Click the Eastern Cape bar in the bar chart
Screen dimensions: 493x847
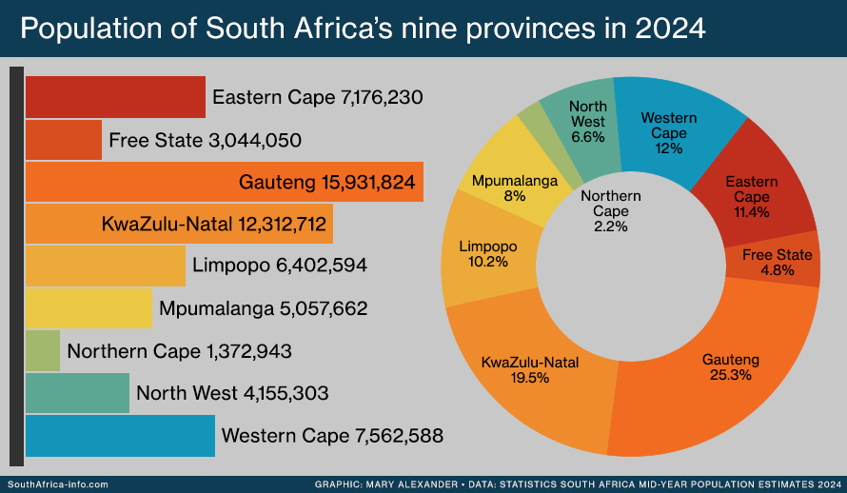[x=115, y=97]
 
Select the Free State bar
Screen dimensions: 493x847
[x=63, y=141]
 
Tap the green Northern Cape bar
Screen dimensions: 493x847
[x=42, y=351]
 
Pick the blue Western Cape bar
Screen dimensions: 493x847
[x=120, y=437]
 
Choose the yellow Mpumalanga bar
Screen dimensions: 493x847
[x=88, y=308]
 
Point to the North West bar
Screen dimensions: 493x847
[x=76, y=393]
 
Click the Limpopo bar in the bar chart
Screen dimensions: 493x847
[x=105, y=265]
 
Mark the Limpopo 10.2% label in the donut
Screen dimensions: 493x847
[x=489, y=254]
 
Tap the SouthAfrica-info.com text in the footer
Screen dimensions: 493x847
[x=59, y=484]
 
